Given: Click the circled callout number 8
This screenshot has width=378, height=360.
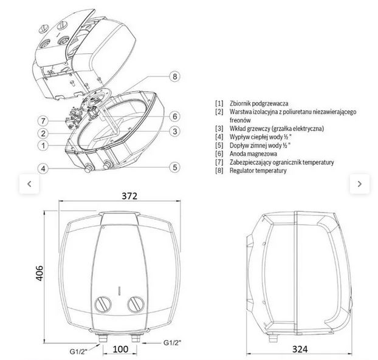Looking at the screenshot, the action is pos(174,76).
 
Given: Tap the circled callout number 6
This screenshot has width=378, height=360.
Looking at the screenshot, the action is pos(174,117).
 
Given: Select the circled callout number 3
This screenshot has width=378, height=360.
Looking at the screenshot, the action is pos(174,131).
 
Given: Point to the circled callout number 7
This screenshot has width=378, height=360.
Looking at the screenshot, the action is pos(43,121).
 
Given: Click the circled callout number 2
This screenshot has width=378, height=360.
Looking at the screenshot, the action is pos(43,133).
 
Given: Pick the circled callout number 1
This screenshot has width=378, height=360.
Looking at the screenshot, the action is pos(43,146).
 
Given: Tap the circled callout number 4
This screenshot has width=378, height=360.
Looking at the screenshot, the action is pos(43,168).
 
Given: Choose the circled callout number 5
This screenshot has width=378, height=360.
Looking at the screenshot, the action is pos(174,167).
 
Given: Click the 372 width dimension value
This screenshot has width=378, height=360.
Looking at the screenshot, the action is pos(129,196).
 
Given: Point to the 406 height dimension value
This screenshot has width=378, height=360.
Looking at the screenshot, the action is pos(40,273).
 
